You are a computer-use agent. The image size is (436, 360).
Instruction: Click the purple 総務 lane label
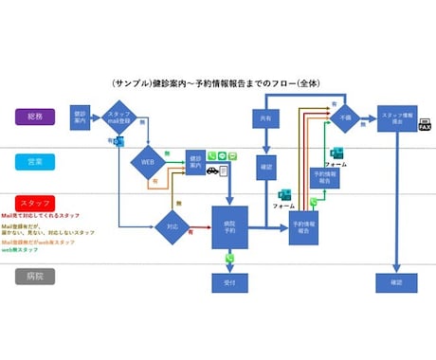click(x=35, y=117)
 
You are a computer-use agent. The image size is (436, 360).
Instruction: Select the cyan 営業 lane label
click(x=35, y=162)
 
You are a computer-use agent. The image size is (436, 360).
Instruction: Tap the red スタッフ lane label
click(x=35, y=204)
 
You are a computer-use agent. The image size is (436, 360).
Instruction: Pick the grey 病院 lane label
click(x=35, y=278)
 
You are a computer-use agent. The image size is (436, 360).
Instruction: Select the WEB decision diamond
click(x=148, y=161)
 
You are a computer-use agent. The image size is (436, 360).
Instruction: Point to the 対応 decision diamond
click(x=172, y=227)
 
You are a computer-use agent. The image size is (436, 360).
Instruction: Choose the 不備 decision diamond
click(x=344, y=117)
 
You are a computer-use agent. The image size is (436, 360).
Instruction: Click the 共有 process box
click(x=266, y=118)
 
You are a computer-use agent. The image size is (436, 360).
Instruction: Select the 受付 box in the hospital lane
click(x=229, y=282)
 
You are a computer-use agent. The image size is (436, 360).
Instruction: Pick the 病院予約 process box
click(x=229, y=227)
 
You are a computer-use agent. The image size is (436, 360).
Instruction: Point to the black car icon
click(x=212, y=171)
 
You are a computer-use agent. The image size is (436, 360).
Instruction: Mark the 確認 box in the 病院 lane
click(x=395, y=282)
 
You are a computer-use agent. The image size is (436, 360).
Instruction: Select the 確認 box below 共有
click(x=266, y=169)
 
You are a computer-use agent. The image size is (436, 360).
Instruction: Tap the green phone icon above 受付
click(x=229, y=258)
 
